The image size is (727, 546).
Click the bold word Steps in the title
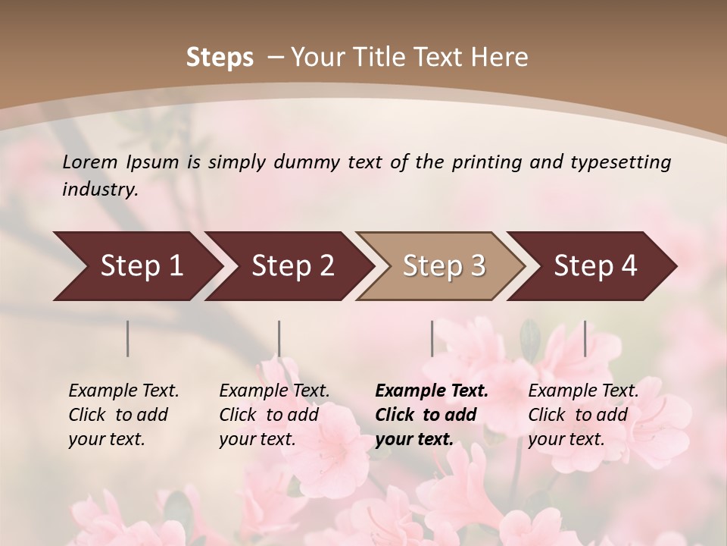click(x=220, y=58)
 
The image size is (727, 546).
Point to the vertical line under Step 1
click(x=128, y=338)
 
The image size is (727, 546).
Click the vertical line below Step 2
click(x=279, y=338)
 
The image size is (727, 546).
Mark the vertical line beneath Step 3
click(x=432, y=338)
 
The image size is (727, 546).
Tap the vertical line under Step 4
click(x=585, y=338)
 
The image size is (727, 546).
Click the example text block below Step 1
click(x=123, y=415)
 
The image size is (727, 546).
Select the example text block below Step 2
click(x=274, y=415)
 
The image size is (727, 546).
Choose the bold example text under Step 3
click(x=432, y=415)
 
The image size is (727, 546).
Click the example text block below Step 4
click(x=583, y=415)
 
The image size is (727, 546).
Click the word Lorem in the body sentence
click(x=90, y=162)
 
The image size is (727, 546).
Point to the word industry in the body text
click(x=100, y=189)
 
